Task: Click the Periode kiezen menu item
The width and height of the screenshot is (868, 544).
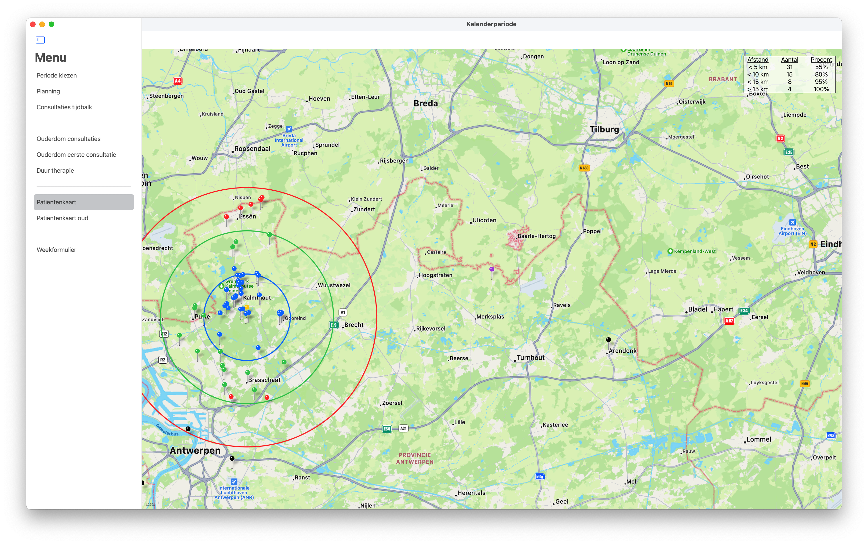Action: coord(56,76)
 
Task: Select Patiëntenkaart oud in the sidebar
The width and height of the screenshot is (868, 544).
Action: coord(62,218)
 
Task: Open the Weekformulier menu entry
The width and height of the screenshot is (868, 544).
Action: coord(56,250)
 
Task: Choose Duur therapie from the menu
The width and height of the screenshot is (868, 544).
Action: coord(55,170)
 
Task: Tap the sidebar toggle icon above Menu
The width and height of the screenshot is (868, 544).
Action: coord(40,40)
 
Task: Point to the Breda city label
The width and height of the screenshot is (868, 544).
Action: coord(426,104)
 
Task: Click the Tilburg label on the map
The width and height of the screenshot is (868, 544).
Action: coord(604,130)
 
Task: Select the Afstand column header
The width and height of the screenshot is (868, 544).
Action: coord(758,60)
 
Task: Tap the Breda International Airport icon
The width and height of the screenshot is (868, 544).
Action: coord(289,129)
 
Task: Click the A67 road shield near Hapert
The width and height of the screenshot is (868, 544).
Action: coord(729,321)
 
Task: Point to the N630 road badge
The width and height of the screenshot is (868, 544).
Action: coord(584,168)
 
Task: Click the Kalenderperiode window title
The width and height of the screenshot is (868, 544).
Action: coord(491,24)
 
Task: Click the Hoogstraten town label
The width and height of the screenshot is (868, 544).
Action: coord(435,276)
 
